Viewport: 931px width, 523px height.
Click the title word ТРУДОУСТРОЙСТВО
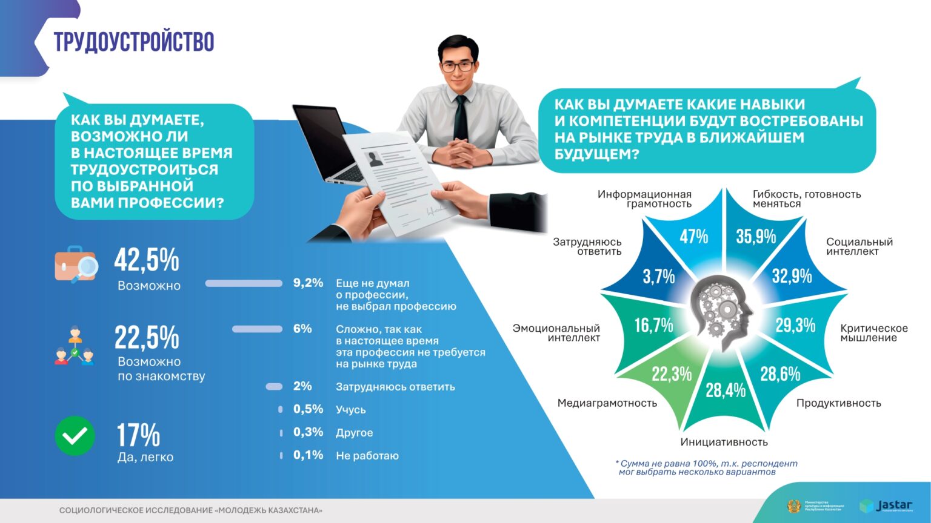pos(134,42)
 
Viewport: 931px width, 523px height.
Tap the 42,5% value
pos(147,260)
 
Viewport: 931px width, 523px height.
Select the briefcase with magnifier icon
pos(76,265)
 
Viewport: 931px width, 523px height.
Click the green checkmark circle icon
pos(75,436)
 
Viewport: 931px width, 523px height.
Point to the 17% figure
pos(138,435)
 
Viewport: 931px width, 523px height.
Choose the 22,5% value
pos(147,337)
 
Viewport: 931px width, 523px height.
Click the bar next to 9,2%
pos(244,283)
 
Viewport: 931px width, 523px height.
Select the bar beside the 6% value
pos(257,329)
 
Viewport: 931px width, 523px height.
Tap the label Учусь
pos(351,410)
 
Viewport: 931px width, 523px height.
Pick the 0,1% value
pos(309,455)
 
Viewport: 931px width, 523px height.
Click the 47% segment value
pos(693,236)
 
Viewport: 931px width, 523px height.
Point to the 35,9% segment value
pos(756,236)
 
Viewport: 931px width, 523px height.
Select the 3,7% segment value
pos(659,277)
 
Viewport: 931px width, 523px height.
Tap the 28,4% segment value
pos(726,390)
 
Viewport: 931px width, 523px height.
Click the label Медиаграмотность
pos(607,403)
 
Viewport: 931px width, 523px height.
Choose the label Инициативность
pos(724,442)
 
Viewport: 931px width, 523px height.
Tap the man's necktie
pos(461,118)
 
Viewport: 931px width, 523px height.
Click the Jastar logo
pos(886,506)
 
